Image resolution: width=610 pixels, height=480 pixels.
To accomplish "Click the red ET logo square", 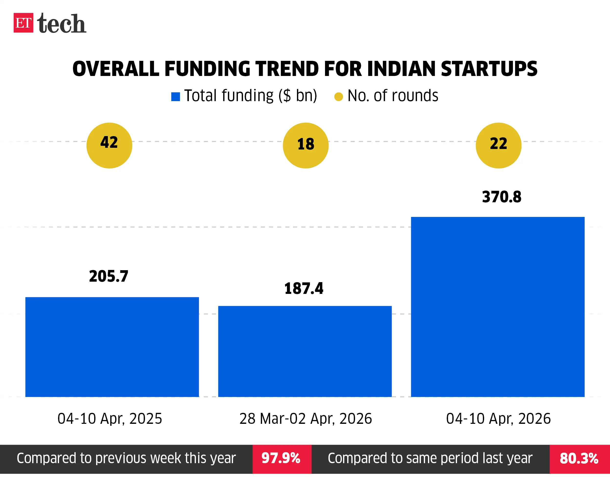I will (x=23, y=23).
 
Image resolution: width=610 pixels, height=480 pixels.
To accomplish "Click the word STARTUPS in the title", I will (x=489, y=69).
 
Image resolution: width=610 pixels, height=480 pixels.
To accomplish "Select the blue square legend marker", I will (x=175, y=97).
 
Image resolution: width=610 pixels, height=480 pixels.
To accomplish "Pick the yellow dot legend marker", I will (x=338, y=97).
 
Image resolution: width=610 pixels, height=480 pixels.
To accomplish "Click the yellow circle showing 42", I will (x=109, y=146).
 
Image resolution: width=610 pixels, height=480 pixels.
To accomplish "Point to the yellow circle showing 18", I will (x=305, y=146).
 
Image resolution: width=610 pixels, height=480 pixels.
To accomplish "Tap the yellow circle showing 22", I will (x=498, y=146).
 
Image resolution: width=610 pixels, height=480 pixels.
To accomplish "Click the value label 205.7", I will (x=109, y=276).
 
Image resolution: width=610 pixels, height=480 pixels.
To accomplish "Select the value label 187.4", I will (x=304, y=289).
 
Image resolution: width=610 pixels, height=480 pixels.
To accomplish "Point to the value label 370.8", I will (x=501, y=197).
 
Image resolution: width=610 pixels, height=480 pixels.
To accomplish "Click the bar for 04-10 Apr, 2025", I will (x=112, y=347).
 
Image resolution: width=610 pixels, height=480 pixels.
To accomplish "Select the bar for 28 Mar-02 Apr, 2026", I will (x=305, y=351).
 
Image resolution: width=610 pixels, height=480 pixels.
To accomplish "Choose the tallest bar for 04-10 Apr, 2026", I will (x=498, y=307).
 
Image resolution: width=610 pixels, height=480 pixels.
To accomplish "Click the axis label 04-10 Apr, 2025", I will (x=110, y=419).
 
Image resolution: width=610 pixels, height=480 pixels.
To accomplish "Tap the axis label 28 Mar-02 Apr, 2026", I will (x=305, y=419).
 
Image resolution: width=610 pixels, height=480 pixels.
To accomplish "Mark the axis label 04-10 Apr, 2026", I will (x=498, y=419).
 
